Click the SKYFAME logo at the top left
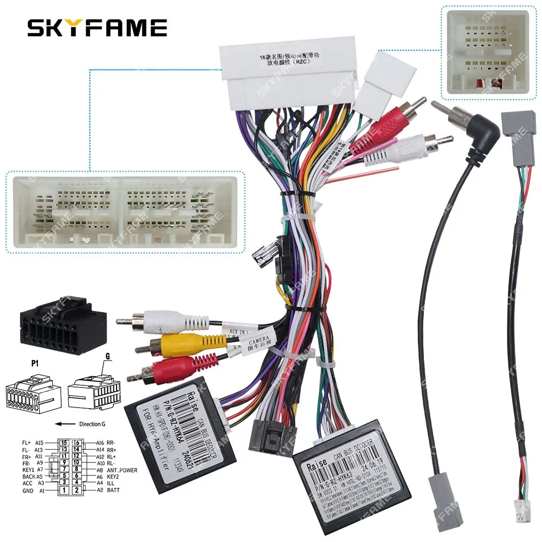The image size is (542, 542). [x=98, y=27]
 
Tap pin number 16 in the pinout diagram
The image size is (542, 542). [x=76, y=443]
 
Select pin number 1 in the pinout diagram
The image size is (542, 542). [x=64, y=491]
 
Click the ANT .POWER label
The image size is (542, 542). [x=122, y=470]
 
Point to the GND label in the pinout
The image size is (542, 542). [x=28, y=491]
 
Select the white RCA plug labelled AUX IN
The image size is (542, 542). [x=163, y=321]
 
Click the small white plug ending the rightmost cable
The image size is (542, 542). [x=520, y=512]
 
